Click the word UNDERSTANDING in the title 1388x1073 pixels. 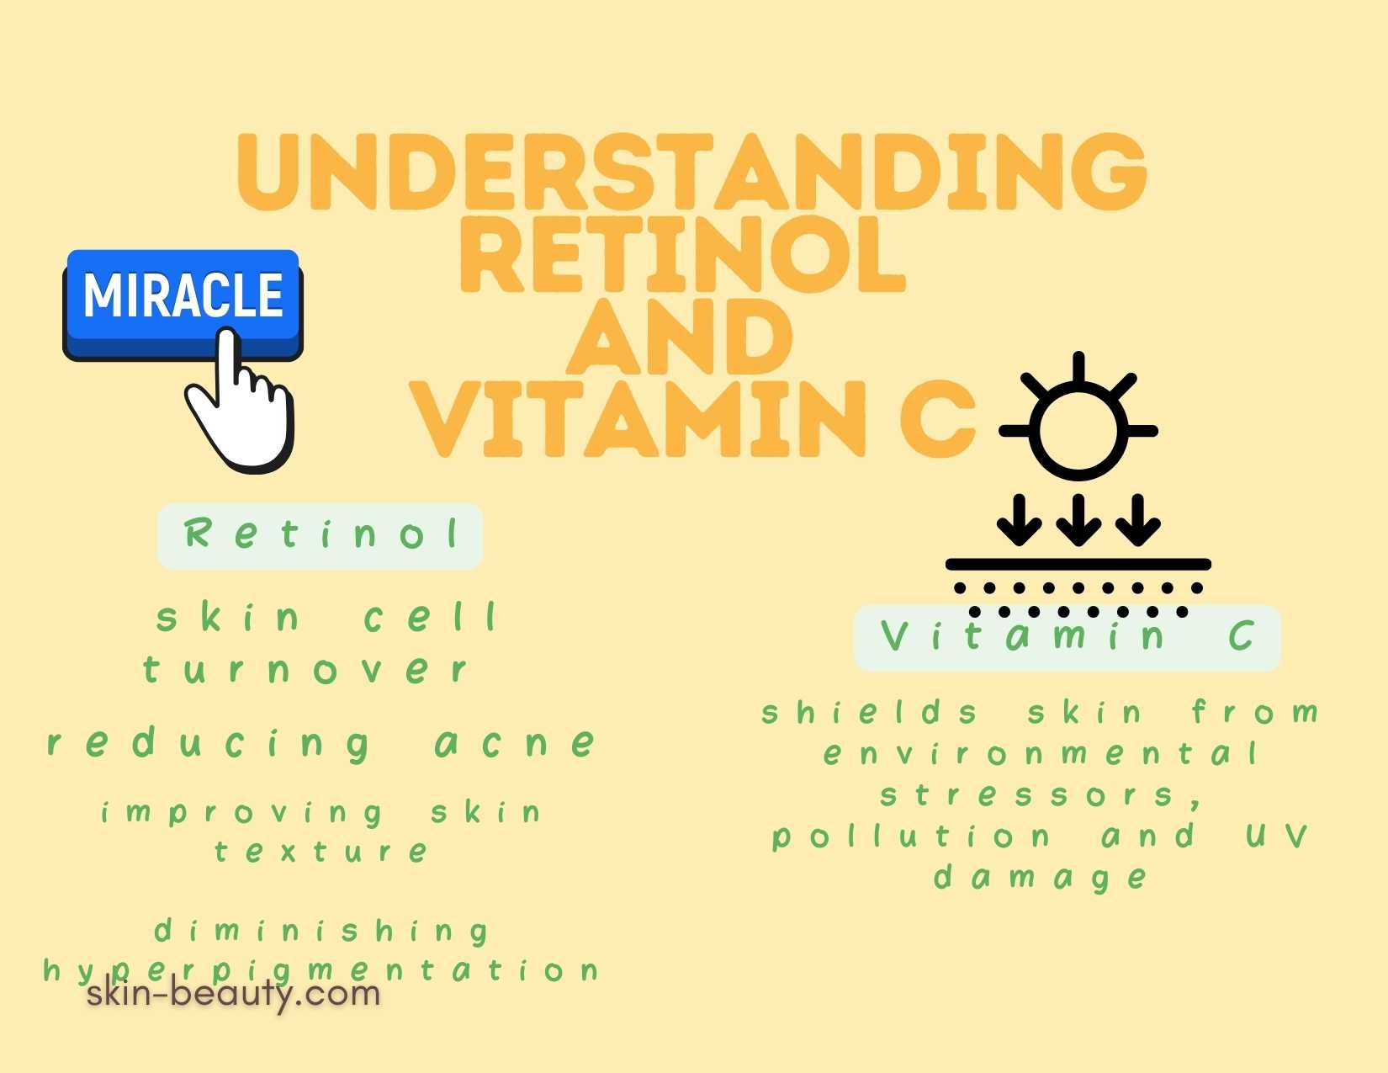click(691, 172)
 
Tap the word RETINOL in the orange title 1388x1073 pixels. click(682, 255)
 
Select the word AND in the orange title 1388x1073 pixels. click(680, 336)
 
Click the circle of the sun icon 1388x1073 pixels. click(1078, 432)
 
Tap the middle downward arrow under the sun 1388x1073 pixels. click(1078, 519)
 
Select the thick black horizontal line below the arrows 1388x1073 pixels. click(1078, 565)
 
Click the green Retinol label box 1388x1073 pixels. click(320, 535)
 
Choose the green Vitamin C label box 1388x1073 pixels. click(1067, 637)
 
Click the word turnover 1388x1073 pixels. click(305, 670)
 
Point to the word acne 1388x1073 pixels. click(516, 743)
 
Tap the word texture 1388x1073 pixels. click(321, 851)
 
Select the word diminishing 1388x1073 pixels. click(322, 931)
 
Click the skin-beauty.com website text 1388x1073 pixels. click(233, 995)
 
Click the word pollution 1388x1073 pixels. click(912, 837)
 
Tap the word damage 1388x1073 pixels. click(1041, 878)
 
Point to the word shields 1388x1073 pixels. click(869, 712)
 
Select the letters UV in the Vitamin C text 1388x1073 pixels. click(1276, 836)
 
